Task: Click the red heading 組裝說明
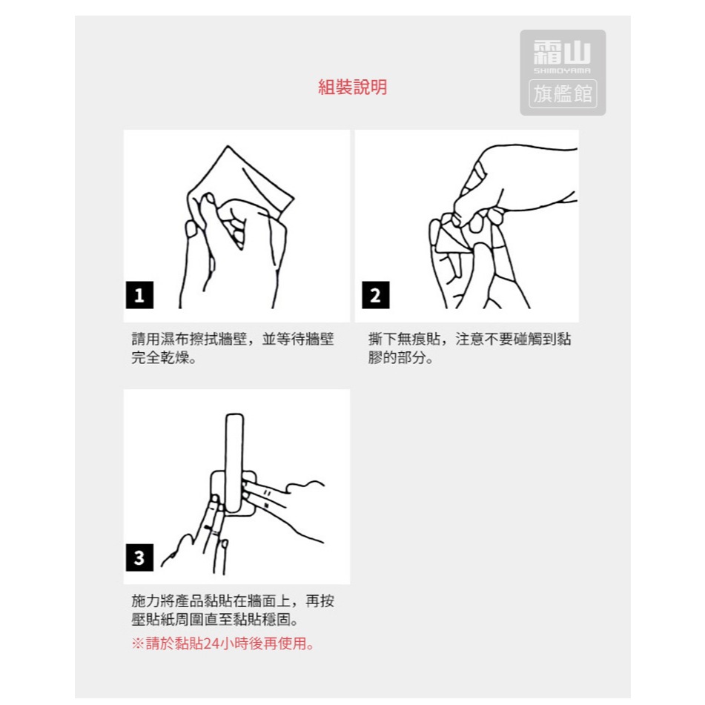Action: [353, 87]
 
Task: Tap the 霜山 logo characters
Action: [562, 52]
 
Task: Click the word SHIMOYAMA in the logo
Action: [562, 70]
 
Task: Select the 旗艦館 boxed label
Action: [563, 93]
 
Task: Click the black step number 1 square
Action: [139, 295]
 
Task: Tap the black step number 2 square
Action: [375, 295]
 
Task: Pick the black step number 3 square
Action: [139, 557]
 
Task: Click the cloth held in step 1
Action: [252, 180]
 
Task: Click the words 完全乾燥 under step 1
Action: [160, 358]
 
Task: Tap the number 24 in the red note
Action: [211, 644]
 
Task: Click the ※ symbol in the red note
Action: [138, 644]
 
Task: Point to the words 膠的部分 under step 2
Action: [397, 358]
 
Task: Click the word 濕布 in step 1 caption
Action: [174, 339]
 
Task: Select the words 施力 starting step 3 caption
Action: [145, 601]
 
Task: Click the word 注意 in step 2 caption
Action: [469, 339]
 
